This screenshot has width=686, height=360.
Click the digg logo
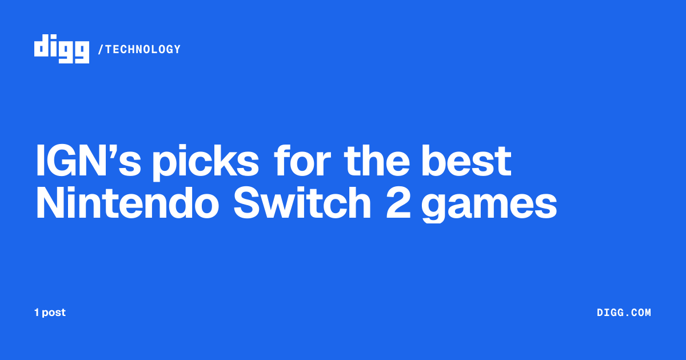(62, 49)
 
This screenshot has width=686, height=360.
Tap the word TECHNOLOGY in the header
(143, 49)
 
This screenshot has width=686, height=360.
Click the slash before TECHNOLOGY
(101, 49)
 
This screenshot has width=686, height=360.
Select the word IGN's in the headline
(89, 161)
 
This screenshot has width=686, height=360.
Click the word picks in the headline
(205, 162)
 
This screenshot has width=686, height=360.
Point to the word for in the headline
(302, 160)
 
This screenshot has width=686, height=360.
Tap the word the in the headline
(377, 161)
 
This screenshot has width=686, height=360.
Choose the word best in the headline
(466, 161)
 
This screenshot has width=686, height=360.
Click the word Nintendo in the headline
(127, 202)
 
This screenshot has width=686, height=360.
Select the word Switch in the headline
(302, 202)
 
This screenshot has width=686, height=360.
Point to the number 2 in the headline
(398, 202)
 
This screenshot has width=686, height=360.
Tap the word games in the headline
(489, 205)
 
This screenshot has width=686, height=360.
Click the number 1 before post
(37, 313)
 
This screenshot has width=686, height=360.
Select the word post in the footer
(54, 313)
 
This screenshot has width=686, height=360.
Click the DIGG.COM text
(624, 313)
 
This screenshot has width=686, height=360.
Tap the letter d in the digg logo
(42, 45)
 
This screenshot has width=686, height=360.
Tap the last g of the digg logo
(81, 53)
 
